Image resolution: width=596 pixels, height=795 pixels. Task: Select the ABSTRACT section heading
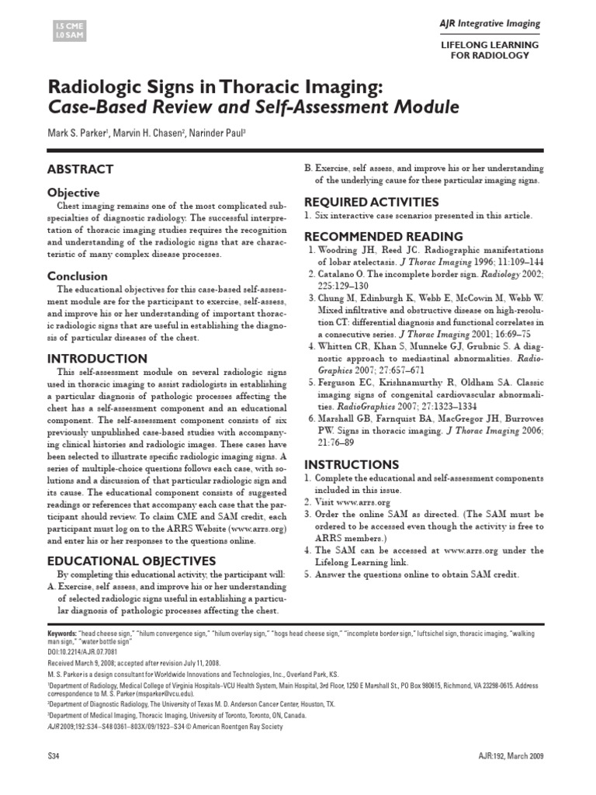(81, 168)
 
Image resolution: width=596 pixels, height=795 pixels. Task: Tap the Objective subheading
(73, 192)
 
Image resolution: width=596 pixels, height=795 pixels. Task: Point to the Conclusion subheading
(78, 276)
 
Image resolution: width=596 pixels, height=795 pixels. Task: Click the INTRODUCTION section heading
(97, 359)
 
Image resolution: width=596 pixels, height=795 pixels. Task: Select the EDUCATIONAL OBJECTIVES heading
(132, 560)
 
